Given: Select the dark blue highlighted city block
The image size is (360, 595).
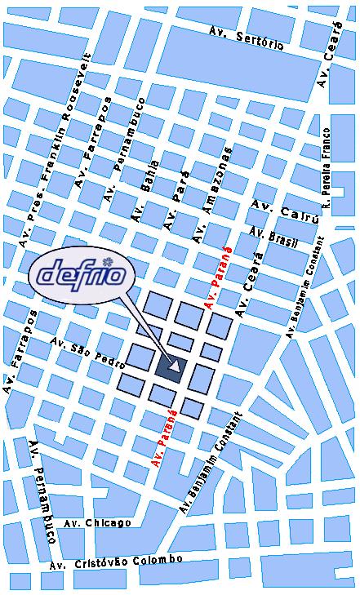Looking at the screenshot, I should tap(170, 367).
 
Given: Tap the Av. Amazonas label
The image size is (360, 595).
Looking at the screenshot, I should tap(212, 195).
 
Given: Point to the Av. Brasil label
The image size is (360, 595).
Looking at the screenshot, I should tap(274, 237).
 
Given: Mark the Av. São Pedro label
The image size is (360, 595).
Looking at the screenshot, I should tap(87, 352).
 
